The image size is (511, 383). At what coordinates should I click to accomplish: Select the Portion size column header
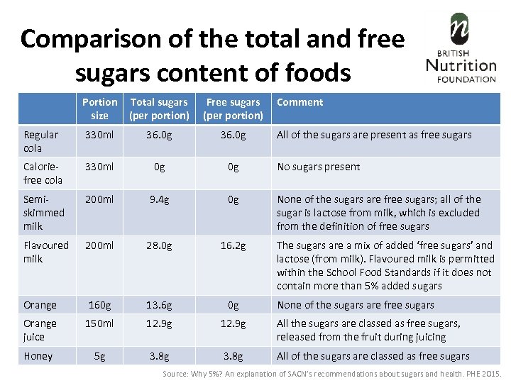pos(99,109)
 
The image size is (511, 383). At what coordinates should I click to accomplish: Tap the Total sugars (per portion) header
pos(159,109)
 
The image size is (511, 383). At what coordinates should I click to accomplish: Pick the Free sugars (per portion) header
pos(233,109)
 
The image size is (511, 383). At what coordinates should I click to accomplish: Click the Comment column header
pos(300,102)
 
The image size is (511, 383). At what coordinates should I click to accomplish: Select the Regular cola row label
pos(41,141)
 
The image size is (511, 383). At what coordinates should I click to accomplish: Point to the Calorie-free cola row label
pos(43,173)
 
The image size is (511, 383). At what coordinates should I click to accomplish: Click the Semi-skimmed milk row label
pos(44,213)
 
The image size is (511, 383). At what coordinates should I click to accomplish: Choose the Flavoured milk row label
pos(46,252)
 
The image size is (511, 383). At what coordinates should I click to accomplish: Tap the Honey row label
pos(38,356)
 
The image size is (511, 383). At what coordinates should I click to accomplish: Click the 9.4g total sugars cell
pos(159,199)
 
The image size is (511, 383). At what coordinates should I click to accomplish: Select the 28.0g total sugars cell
pos(159,245)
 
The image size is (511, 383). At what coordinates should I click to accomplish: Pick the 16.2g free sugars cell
pos(233,245)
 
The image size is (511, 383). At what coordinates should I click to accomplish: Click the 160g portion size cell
pos(99,305)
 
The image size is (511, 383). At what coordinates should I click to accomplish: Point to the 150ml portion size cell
pos(99,323)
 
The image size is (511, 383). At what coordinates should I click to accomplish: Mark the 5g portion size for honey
pos(99,356)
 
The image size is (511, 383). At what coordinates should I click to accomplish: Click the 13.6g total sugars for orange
pos(159,305)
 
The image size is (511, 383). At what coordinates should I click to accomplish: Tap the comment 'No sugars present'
pos(318,167)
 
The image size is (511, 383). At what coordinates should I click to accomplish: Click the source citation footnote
pos(332,373)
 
